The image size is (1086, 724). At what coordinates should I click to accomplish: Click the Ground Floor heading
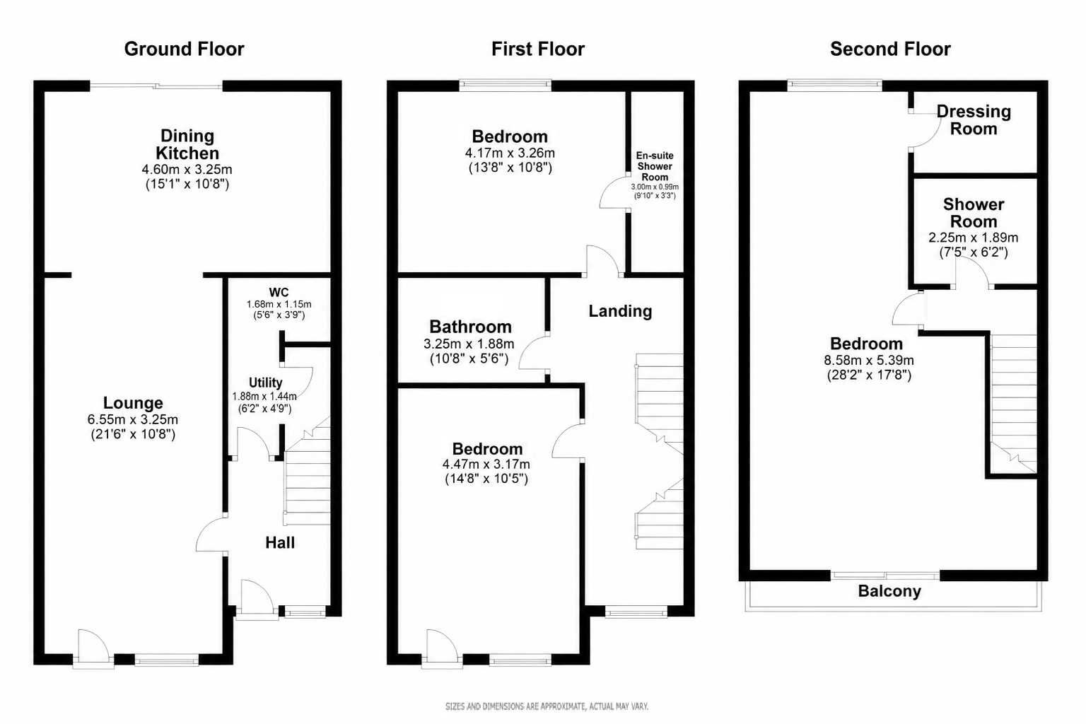185,49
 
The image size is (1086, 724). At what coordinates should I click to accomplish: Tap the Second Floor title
890,49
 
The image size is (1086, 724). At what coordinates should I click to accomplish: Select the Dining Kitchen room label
187,144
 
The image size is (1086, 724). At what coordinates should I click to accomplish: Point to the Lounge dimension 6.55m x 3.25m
133,419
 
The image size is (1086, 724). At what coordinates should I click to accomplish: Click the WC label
279,293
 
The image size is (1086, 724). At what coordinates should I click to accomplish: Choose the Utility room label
265,383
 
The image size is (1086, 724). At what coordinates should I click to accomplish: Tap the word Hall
280,542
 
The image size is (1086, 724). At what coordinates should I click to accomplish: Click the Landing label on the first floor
620,311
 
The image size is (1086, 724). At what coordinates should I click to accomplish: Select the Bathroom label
470,327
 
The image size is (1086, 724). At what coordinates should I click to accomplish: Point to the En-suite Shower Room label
655,166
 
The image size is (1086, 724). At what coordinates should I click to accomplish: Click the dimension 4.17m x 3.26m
510,153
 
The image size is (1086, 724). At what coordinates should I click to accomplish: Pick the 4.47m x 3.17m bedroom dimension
486,464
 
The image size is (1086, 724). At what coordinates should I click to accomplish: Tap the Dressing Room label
974,119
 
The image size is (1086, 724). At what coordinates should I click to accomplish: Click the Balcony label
889,591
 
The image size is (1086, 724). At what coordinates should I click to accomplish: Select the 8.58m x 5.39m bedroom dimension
869,361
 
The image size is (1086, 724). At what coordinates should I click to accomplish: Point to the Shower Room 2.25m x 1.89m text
973,238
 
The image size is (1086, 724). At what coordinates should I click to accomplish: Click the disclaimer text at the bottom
547,706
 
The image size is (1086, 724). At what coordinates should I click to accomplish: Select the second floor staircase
1013,404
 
